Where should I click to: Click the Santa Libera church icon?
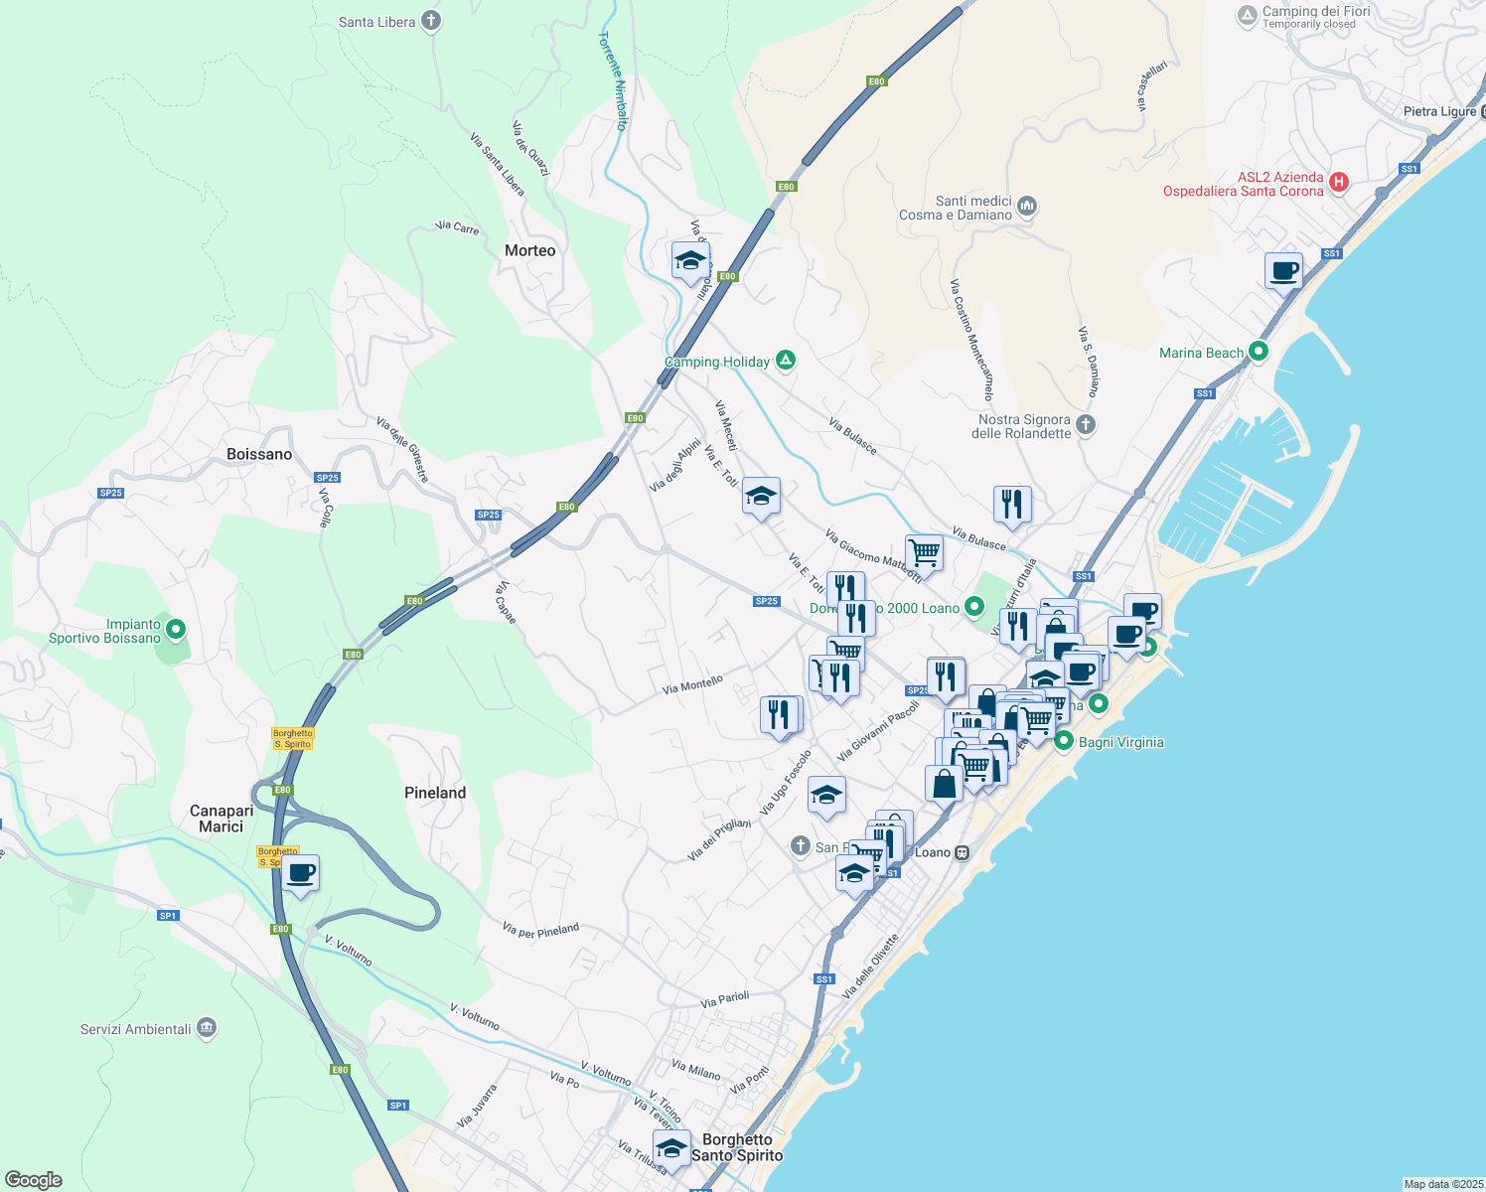[x=430, y=21]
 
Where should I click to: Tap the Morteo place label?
[x=529, y=250]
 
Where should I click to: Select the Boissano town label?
[x=259, y=454]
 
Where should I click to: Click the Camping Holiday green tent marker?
[x=786, y=361]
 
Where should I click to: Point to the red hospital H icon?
[x=1338, y=182]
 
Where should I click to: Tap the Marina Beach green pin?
[x=1259, y=351]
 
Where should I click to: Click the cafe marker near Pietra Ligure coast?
[x=1284, y=270]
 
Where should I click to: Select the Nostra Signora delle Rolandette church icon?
[x=1086, y=425]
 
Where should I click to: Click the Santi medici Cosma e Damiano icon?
[x=1027, y=207]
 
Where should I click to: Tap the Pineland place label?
[x=435, y=793]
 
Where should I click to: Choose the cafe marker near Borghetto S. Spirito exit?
[x=300, y=873]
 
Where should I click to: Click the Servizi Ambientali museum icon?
[x=207, y=1027]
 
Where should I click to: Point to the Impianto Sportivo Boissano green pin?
[x=176, y=629]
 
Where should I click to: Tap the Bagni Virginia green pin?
[x=1064, y=741]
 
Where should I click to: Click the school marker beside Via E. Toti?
[x=761, y=496]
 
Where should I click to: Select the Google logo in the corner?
[x=34, y=1180]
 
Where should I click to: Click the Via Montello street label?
[x=692, y=685]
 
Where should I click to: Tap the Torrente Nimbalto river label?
[x=613, y=80]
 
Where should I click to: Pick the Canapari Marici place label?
[x=222, y=819]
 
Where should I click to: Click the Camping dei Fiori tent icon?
[x=1247, y=16]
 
